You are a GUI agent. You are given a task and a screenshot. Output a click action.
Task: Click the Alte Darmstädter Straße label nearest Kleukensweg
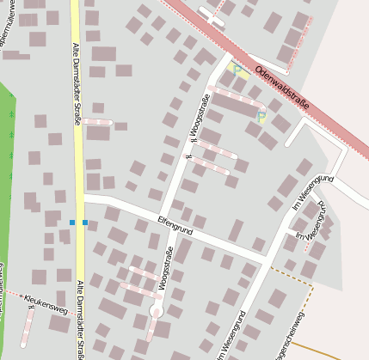click(80, 319)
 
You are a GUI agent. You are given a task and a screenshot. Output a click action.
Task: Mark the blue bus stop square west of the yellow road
click(72, 223)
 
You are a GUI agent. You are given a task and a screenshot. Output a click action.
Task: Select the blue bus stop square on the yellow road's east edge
click(84, 223)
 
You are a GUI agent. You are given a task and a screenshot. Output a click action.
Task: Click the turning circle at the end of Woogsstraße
click(157, 310)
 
